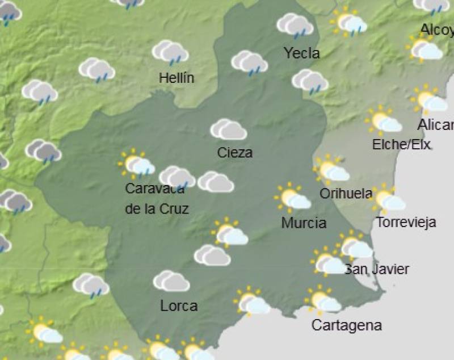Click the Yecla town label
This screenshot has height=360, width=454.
coord(301,53)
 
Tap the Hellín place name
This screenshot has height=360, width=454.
coord(176,78)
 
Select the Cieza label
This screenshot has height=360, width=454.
coord(234,152)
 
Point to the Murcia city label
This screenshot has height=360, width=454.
coord(304,223)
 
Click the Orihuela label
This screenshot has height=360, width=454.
coord(346,194)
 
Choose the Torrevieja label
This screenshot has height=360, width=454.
coord(406,222)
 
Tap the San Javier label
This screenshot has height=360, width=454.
coord(377,269)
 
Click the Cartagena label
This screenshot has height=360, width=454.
coord(346,325)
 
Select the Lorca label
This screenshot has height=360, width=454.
coord(179,306)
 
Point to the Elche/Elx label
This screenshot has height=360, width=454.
coord(401,145)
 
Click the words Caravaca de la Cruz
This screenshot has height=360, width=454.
coord(157,199)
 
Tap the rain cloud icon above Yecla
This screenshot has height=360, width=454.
coord(295,26)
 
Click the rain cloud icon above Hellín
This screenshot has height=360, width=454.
coord(170,52)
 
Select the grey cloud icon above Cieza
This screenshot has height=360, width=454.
coord(228,129)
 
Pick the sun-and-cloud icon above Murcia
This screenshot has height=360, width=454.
coord(292,198)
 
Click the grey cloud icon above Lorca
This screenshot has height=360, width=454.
coord(171,281)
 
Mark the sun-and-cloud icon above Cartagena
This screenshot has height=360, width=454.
coord(323,301)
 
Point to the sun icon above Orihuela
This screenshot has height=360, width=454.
coord(331,170)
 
